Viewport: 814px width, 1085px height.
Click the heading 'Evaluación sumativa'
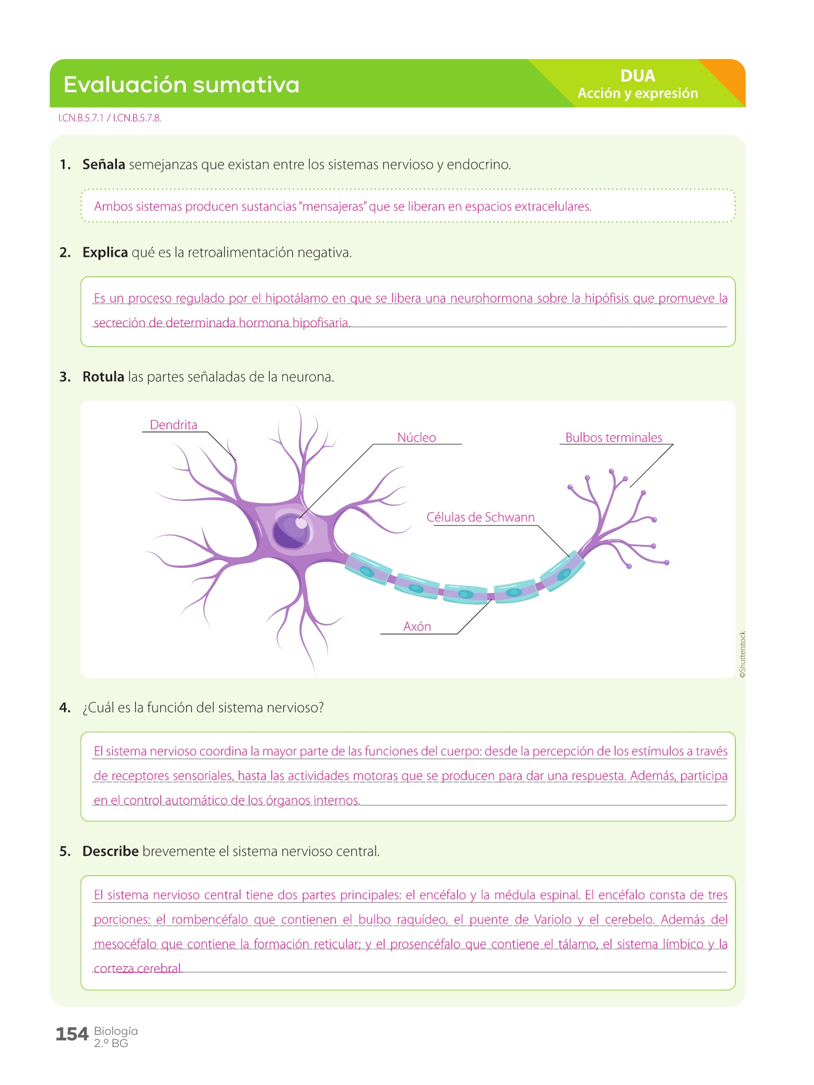(x=181, y=85)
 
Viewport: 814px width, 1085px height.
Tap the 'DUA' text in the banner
(x=637, y=76)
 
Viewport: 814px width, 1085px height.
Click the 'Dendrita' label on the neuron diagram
(x=173, y=425)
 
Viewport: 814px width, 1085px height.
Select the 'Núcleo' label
(x=416, y=438)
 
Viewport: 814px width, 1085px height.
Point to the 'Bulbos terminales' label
(x=613, y=438)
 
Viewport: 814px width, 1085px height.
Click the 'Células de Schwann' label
(x=480, y=517)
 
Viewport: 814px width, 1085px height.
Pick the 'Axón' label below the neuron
(x=417, y=626)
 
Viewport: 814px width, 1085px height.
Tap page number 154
(x=72, y=1034)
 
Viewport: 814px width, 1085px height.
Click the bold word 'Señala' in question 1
(x=104, y=165)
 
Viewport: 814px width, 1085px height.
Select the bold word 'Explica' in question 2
(x=105, y=253)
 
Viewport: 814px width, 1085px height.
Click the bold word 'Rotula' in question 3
(x=103, y=377)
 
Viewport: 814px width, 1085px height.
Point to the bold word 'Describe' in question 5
(x=110, y=851)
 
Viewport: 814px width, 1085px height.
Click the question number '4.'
(x=65, y=708)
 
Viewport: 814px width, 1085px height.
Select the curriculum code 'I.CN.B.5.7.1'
(x=81, y=118)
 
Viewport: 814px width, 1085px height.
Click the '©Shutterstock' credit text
(x=742, y=655)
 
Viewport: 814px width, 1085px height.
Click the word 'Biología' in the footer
(x=116, y=1031)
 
